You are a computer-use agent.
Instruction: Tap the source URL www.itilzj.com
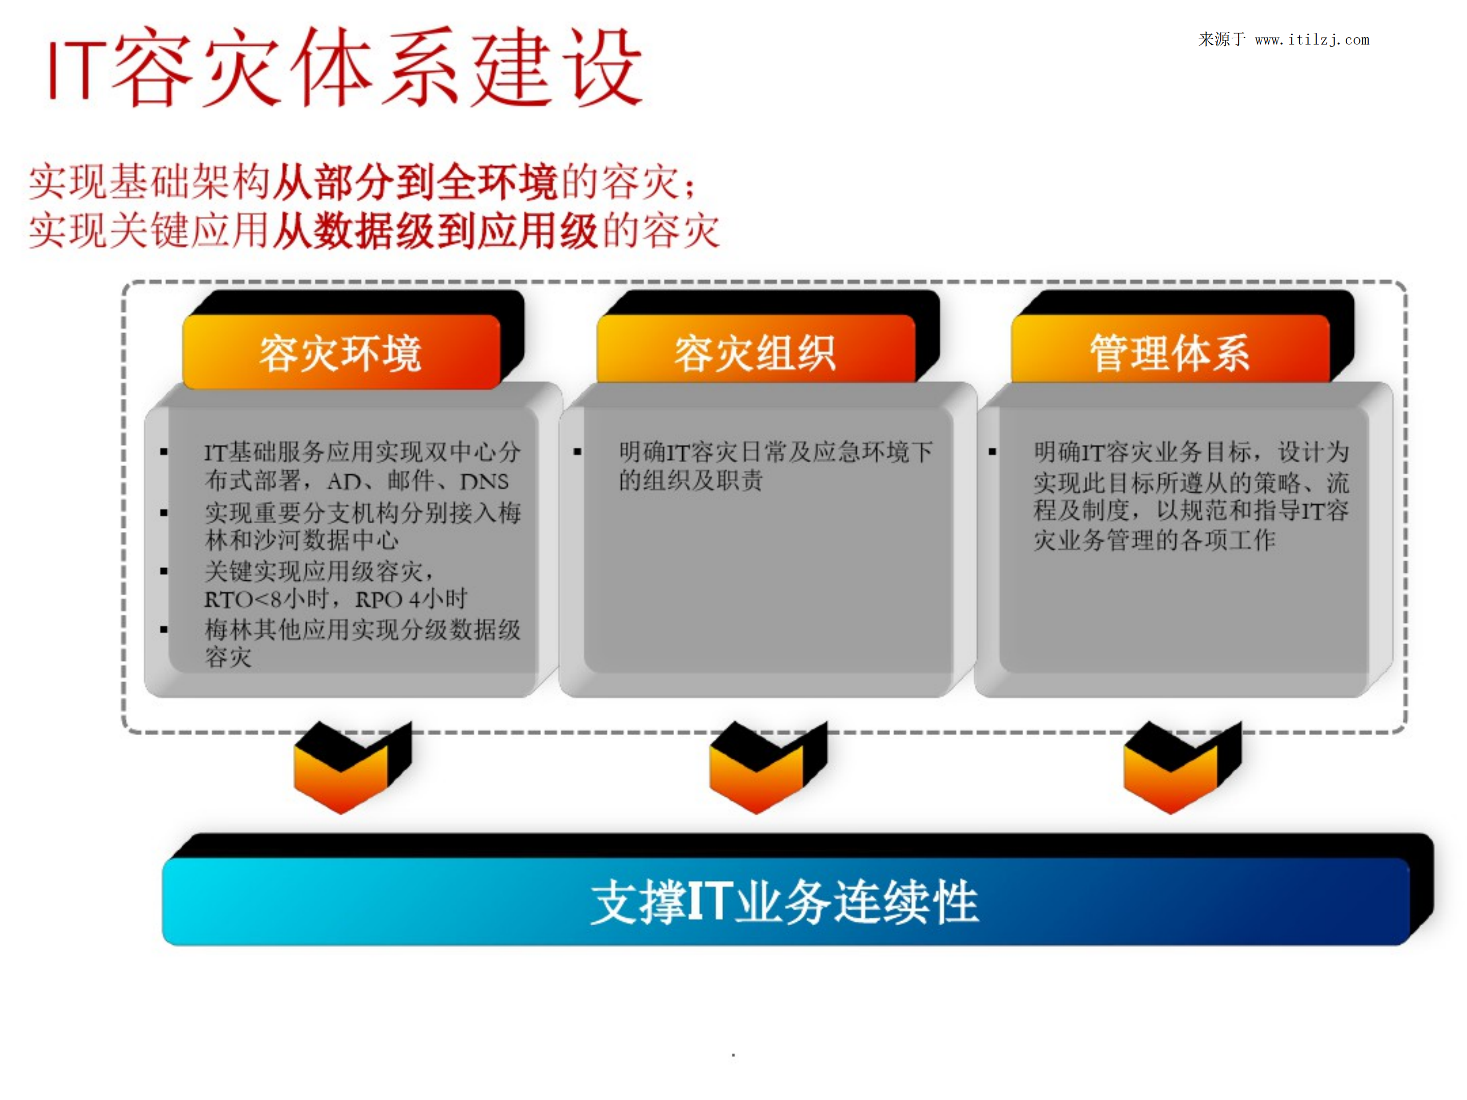click(x=1312, y=40)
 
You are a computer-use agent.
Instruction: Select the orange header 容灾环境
click(x=340, y=353)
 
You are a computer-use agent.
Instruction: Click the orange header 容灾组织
click(x=755, y=353)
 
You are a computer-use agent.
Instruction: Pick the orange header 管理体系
click(x=1170, y=353)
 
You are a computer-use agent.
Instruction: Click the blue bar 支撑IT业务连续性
click(x=785, y=902)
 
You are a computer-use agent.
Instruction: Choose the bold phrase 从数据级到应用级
click(x=436, y=231)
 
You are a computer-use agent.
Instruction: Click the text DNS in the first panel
click(x=484, y=481)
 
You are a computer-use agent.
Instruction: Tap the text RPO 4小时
click(x=411, y=599)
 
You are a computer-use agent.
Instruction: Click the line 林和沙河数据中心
click(x=302, y=541)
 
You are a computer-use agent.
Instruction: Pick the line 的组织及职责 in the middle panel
click(x=690, y=481)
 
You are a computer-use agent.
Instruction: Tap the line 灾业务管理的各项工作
click(x=1154, y=541)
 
